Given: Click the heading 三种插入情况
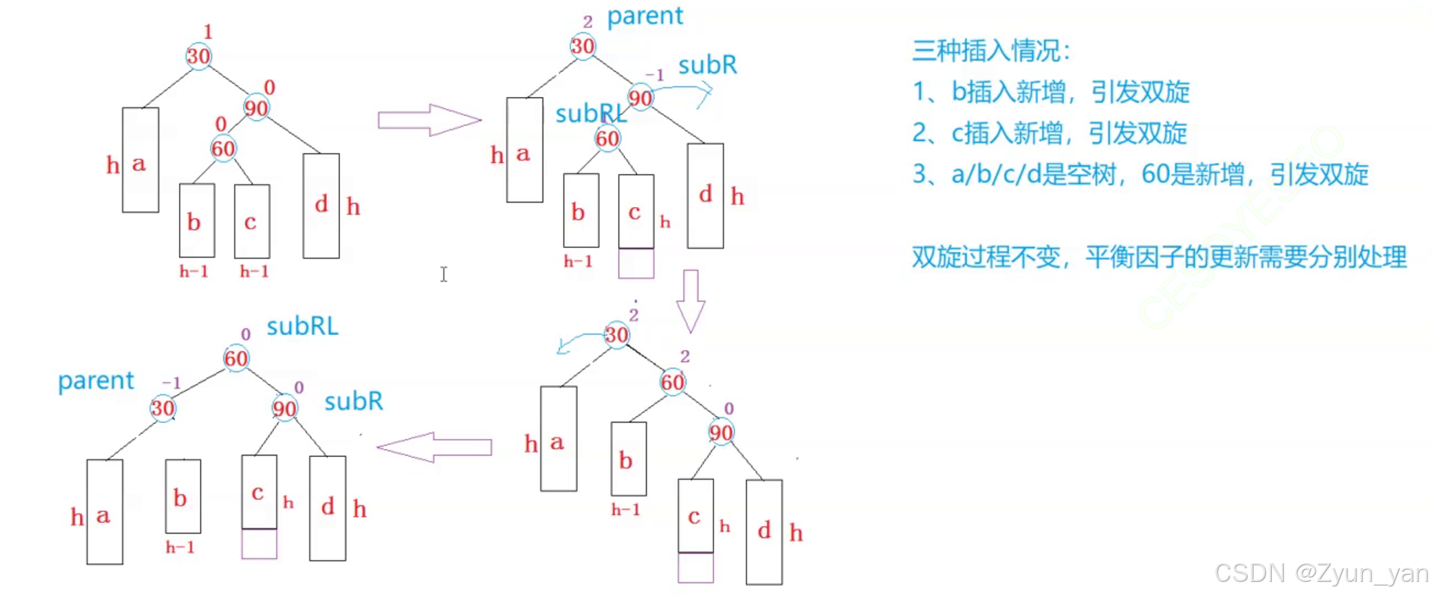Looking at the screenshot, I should (x=992, y=51).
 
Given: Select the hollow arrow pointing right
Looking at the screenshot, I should (x=429, y=120).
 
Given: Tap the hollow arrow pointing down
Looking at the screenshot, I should (x=690, y=301).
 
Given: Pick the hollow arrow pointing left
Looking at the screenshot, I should (x=434, y=447).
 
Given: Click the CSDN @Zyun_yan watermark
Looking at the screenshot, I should (x=1321, y=573).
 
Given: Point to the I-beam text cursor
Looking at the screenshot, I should (x=444, y=274).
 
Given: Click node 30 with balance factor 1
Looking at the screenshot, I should (x=198, y=56).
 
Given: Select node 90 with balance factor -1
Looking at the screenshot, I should (x=640, y=98).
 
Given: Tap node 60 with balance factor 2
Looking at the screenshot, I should (x=673, y=381).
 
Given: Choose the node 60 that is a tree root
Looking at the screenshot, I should (x=236, y=358).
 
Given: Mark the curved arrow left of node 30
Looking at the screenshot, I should (x=579, y=341).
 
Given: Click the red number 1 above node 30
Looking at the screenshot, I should (x=208, y=32).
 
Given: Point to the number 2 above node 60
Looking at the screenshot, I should (x=685, y=356).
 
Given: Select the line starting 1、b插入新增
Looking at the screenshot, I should (x=1050, y=92).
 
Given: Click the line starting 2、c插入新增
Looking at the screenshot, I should (x=1049, y=134).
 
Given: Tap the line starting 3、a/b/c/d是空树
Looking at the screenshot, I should (x=1140, y=175).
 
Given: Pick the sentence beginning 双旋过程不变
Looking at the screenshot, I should (x=1158, y=257).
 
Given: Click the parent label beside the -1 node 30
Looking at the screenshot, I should (x=96, y=381).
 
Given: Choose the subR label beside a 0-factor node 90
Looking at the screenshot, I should (x=354, y=402).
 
